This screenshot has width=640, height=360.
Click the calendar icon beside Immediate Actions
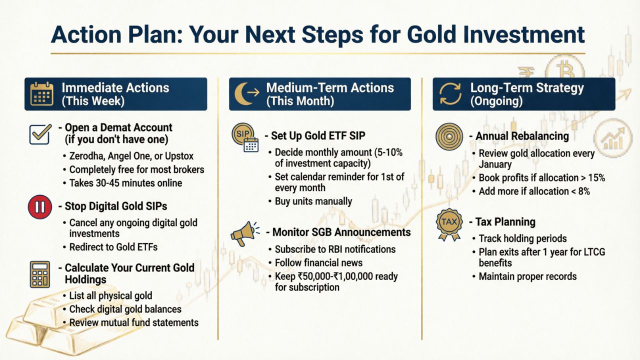coord(41,93)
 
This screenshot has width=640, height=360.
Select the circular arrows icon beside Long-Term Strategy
coord(450,93)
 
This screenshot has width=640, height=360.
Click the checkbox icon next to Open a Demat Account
coord(40,134)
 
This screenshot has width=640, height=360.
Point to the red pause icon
coord(40,207)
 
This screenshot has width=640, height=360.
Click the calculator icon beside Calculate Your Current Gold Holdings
coord(40,274)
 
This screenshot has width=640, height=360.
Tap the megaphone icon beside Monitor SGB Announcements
coord(244,233)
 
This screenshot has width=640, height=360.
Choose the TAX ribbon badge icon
coord(449,224)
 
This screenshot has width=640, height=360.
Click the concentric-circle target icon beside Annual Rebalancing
coord(449,136)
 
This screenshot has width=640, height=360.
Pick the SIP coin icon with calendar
coord(245,137)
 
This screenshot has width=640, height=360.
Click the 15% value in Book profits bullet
coord(596,177)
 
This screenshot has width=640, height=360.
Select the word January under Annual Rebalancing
coord(495,164)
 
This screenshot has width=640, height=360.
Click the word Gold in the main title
coord(432,35)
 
